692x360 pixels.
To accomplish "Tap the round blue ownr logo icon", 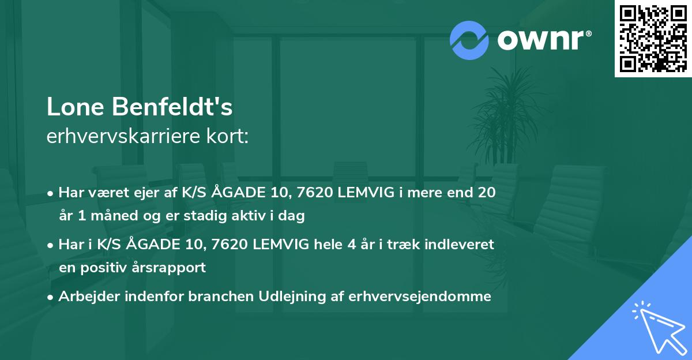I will (x=469, y=40).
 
